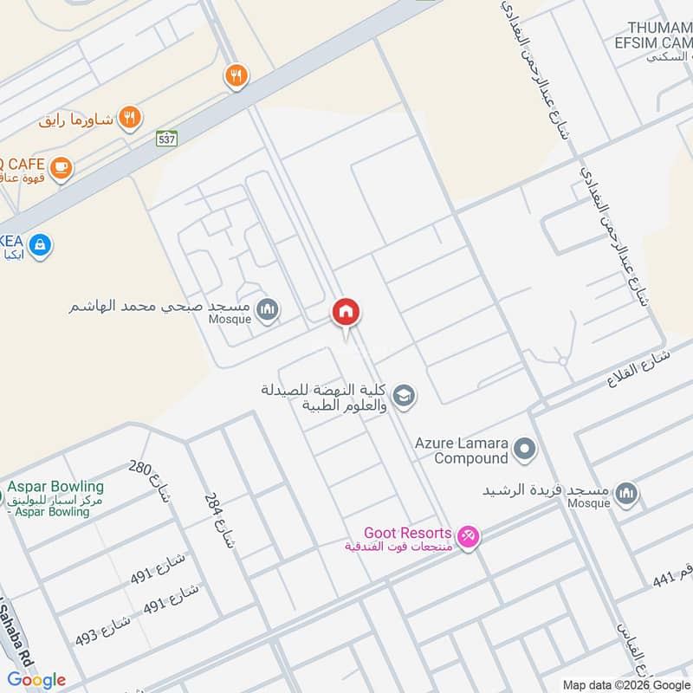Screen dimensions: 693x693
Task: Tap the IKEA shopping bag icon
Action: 39,246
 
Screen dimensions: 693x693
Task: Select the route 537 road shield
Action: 167,138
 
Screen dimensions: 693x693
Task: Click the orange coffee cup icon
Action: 60,167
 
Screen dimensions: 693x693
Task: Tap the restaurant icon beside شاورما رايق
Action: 130,117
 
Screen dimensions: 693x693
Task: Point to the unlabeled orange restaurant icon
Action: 235,76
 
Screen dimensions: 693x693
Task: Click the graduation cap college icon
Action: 404,397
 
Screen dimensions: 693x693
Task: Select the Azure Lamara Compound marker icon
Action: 523,450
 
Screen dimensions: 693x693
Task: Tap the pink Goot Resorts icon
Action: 468,538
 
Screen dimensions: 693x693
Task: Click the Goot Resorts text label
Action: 407,533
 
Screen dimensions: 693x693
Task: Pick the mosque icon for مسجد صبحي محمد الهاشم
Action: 269,309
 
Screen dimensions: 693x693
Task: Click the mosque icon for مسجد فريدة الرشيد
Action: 626,495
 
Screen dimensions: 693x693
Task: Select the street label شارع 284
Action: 219,521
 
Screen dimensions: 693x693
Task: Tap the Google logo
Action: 36,680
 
